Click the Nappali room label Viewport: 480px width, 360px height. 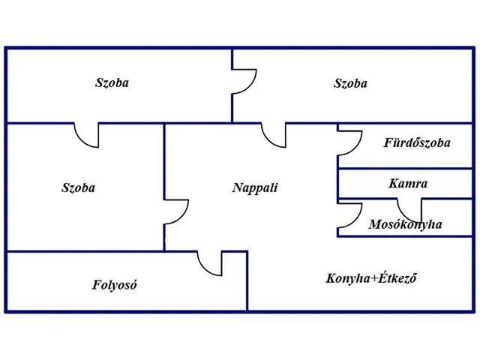(254, 187)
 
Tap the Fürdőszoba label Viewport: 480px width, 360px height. (417, 142)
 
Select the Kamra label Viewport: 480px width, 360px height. (408, 183)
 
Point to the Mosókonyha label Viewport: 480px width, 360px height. (405, 224)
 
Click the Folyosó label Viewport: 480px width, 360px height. (115, 285)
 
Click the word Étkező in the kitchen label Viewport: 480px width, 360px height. (398, 279)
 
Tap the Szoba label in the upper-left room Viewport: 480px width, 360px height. (112, 83)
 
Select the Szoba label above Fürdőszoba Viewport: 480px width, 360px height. (350, 84)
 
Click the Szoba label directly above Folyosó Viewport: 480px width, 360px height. (78, 188)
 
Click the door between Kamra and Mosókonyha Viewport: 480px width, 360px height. (410, 207)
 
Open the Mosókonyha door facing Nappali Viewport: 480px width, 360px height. (347, 216)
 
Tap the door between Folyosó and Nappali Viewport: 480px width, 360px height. (210, 262)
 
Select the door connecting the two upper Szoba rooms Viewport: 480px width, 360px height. (241, 82)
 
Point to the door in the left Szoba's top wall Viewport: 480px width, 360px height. (87, 134)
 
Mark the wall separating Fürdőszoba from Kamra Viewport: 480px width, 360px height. (405, 169)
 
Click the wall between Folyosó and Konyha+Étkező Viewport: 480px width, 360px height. (247, 283)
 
